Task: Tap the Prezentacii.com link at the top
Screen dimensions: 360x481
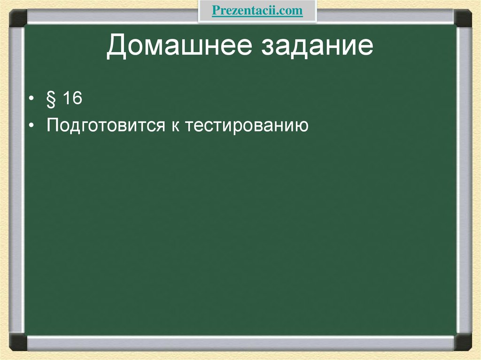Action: point(257,11)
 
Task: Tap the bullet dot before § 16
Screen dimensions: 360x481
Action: point(31,100)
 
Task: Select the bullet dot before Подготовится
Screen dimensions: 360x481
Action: point(31,126)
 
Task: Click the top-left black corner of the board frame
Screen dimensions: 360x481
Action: point(18,19)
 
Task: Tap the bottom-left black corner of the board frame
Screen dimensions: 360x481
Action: point(18,341)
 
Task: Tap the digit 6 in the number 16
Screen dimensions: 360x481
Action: point(77,99)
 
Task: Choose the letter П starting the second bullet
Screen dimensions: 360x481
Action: point(53,125)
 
